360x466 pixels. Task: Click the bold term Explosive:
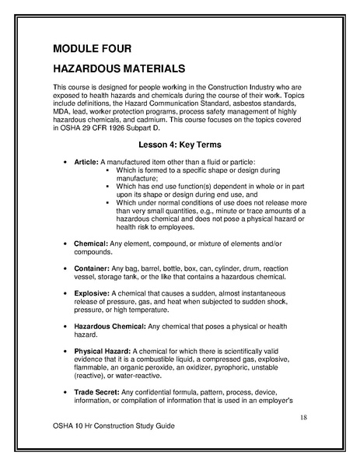tap(92, 293)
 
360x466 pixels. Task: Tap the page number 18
tap(303, 419)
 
